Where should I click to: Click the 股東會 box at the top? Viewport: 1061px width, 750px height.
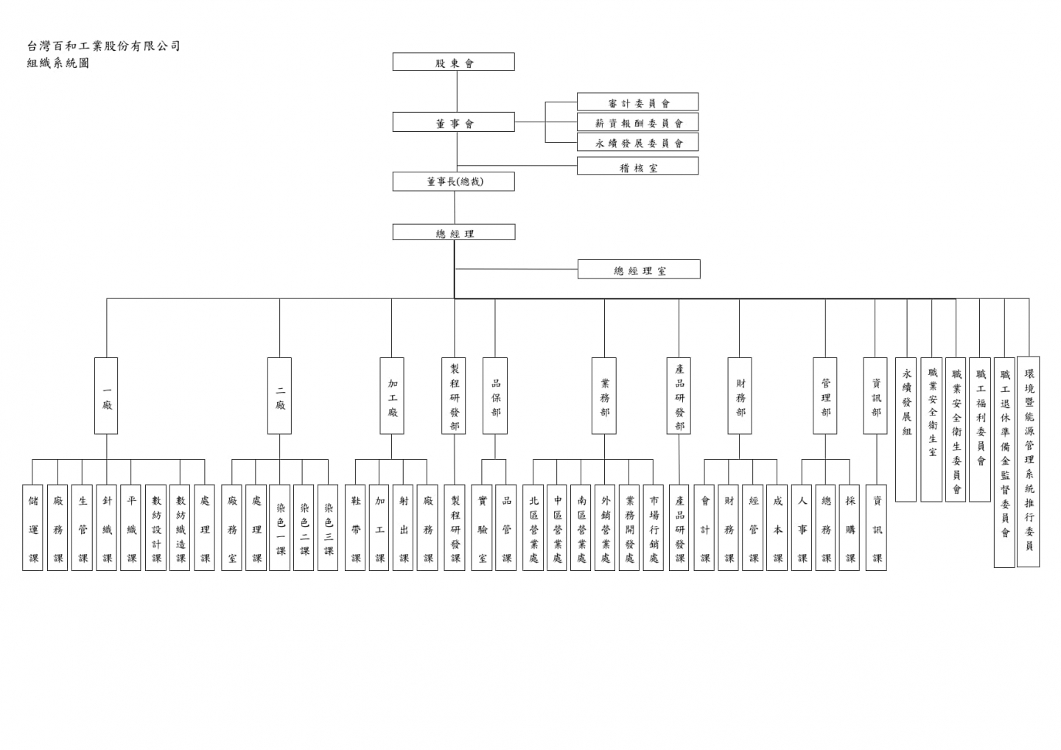[453, 62]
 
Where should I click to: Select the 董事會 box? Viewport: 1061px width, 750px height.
[453, 122]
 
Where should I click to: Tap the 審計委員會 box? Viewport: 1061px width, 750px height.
[637, 102]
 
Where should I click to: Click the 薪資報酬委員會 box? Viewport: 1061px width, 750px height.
[637, 122]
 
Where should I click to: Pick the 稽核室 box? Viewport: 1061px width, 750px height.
[637, 167]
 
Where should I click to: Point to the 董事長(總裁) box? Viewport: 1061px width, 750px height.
[453, 181]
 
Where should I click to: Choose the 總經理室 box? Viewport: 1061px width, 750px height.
[639, 270]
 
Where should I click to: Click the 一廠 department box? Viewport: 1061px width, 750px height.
[107, 396]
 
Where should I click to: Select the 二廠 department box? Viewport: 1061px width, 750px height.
[280, 396]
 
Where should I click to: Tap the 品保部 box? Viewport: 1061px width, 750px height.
[495, 396]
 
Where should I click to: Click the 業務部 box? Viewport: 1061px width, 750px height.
[604, 396]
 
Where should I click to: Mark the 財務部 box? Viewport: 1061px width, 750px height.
[740, 396]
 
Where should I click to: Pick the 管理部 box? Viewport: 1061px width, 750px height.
[825, 396]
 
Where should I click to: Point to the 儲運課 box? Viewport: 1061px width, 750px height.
[33, 528]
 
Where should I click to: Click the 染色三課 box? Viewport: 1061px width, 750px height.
[329, 528]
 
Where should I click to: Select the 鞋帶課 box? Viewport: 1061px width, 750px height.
[356, 528]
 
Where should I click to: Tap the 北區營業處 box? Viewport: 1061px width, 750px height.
[533, 528]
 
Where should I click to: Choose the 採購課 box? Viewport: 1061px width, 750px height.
[850, 528]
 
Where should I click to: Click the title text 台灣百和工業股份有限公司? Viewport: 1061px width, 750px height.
[103, 46]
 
